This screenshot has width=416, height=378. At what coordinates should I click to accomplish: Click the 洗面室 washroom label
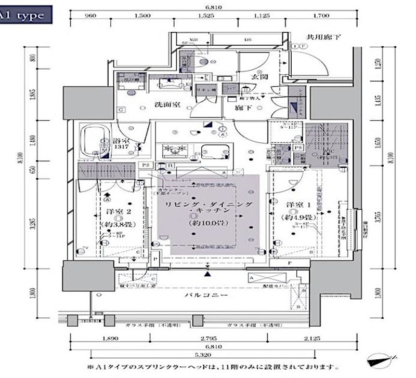(167, 104)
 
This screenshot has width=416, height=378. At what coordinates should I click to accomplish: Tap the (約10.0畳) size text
(207, 222)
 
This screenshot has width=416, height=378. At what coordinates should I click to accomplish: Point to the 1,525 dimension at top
(206, 16)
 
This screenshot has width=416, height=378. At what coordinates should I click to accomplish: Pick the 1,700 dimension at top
(321, 16)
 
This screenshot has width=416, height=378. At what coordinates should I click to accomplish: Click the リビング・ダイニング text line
(208, 206)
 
